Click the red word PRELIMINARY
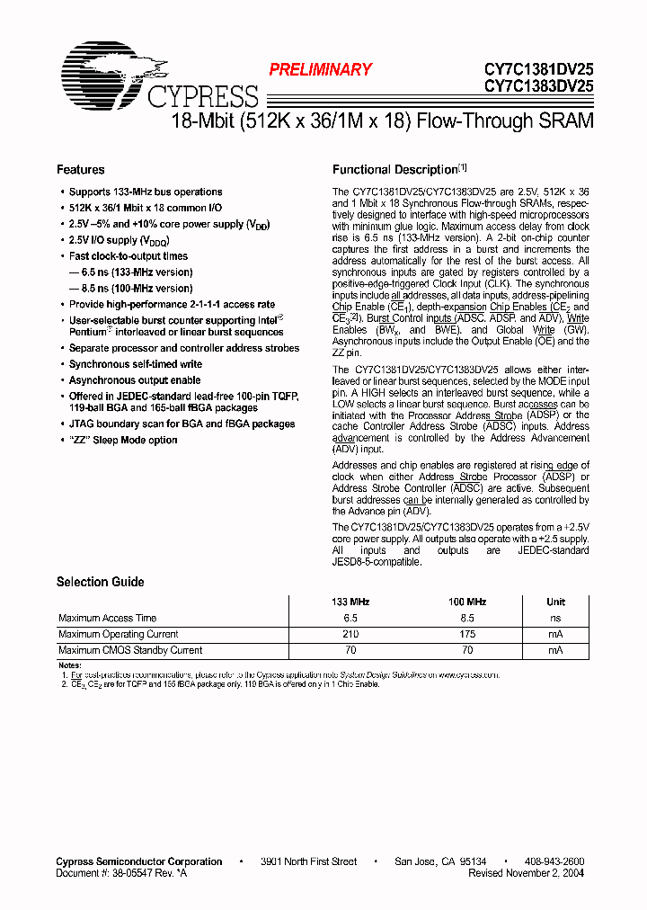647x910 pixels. (x=321, y=69)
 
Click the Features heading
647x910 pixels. (x=81, y=169)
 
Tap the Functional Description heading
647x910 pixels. (x=395, y=169)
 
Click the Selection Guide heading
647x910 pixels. (x=101, y=582)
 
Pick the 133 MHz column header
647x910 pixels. (x=350, y=602)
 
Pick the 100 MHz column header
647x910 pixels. (x=467, y=602)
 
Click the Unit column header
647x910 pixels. (x=556, y=602)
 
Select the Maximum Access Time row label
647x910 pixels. (x=107, y=618)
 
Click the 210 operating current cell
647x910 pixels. (x=350, y=634)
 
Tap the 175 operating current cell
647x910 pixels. (x=467, y=634)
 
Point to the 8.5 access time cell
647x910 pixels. (x=467, y=618)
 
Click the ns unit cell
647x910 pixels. (x=556, y=618)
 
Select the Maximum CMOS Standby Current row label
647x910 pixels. (x=130, y=650)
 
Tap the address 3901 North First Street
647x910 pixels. (x=308, y=861)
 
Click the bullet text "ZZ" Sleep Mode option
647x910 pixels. (x=123, y=440)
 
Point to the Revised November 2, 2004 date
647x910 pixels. (x=527, y=872)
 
